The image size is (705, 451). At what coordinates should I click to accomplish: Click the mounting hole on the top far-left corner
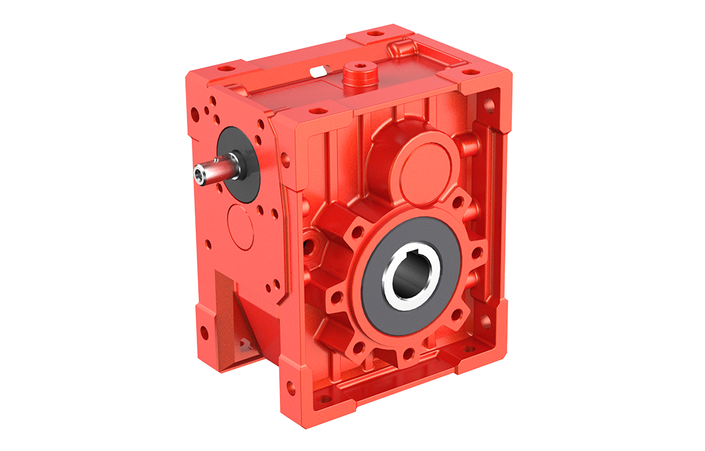pos(227,70)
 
